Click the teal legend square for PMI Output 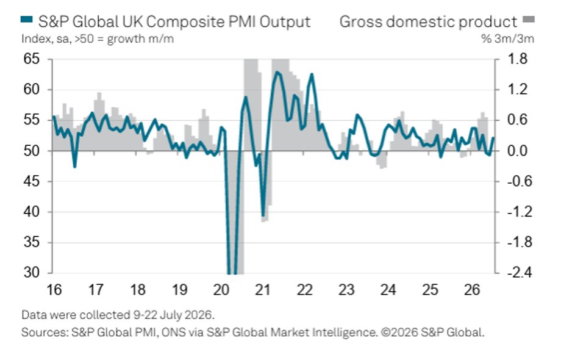27,20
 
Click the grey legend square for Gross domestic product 529,19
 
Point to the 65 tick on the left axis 32,59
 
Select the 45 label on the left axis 32,181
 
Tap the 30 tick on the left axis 32,273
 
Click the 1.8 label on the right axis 517,59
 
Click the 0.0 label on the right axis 517,151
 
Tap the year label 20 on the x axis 221,289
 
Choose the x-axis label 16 54,289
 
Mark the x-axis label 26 472,289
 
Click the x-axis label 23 346,289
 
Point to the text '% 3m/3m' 508,38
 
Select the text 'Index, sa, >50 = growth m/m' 98,38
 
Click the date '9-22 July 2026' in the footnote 173,315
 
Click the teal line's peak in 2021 277,72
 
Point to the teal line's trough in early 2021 263,216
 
